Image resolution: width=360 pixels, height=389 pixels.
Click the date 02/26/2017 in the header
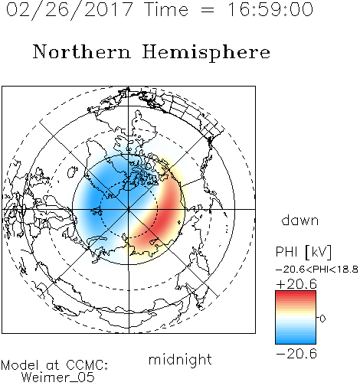pyautogui.click(x=70, y=10)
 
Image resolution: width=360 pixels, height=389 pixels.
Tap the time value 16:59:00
pyautogui.click(x=270, y=9)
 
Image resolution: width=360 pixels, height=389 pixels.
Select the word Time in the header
pyautogui.click(x=166, y=9)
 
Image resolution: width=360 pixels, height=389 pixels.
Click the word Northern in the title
pyautogui.click(x=82, y=51)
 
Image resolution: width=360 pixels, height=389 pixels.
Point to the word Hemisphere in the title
pyautogui.click(x=206, y=53)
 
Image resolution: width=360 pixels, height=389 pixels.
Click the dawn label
pyautogui.click(x=300, y=220)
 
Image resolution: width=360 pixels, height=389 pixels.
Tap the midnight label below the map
pyautogui.click(x=180, y=360)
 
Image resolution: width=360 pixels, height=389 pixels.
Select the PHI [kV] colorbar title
pyautogui.click(x=303, y=252)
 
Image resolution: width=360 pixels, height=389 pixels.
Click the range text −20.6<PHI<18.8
pyautogui.click(x=317, y=270)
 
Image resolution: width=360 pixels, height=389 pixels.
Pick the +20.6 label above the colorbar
pyautogui.click(x=296, y=284)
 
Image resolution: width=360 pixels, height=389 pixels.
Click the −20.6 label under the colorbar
pyautogui.click(x=296, y=354)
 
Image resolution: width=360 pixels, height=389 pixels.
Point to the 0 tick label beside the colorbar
pyautogui.click(x=322, y=319)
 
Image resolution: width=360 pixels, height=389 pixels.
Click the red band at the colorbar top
pyautogui.click(x=296, y=294)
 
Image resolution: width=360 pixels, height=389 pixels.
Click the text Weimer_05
pyautogui.click(x=58, y=378)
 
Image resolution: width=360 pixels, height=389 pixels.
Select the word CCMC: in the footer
pyautogui.click(x=87, y=365)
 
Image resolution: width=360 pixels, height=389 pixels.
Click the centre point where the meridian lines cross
pyautogui.click(x=129, y=209)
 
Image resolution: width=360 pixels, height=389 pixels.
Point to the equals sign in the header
pyautogui.click(x=208, y=10)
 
